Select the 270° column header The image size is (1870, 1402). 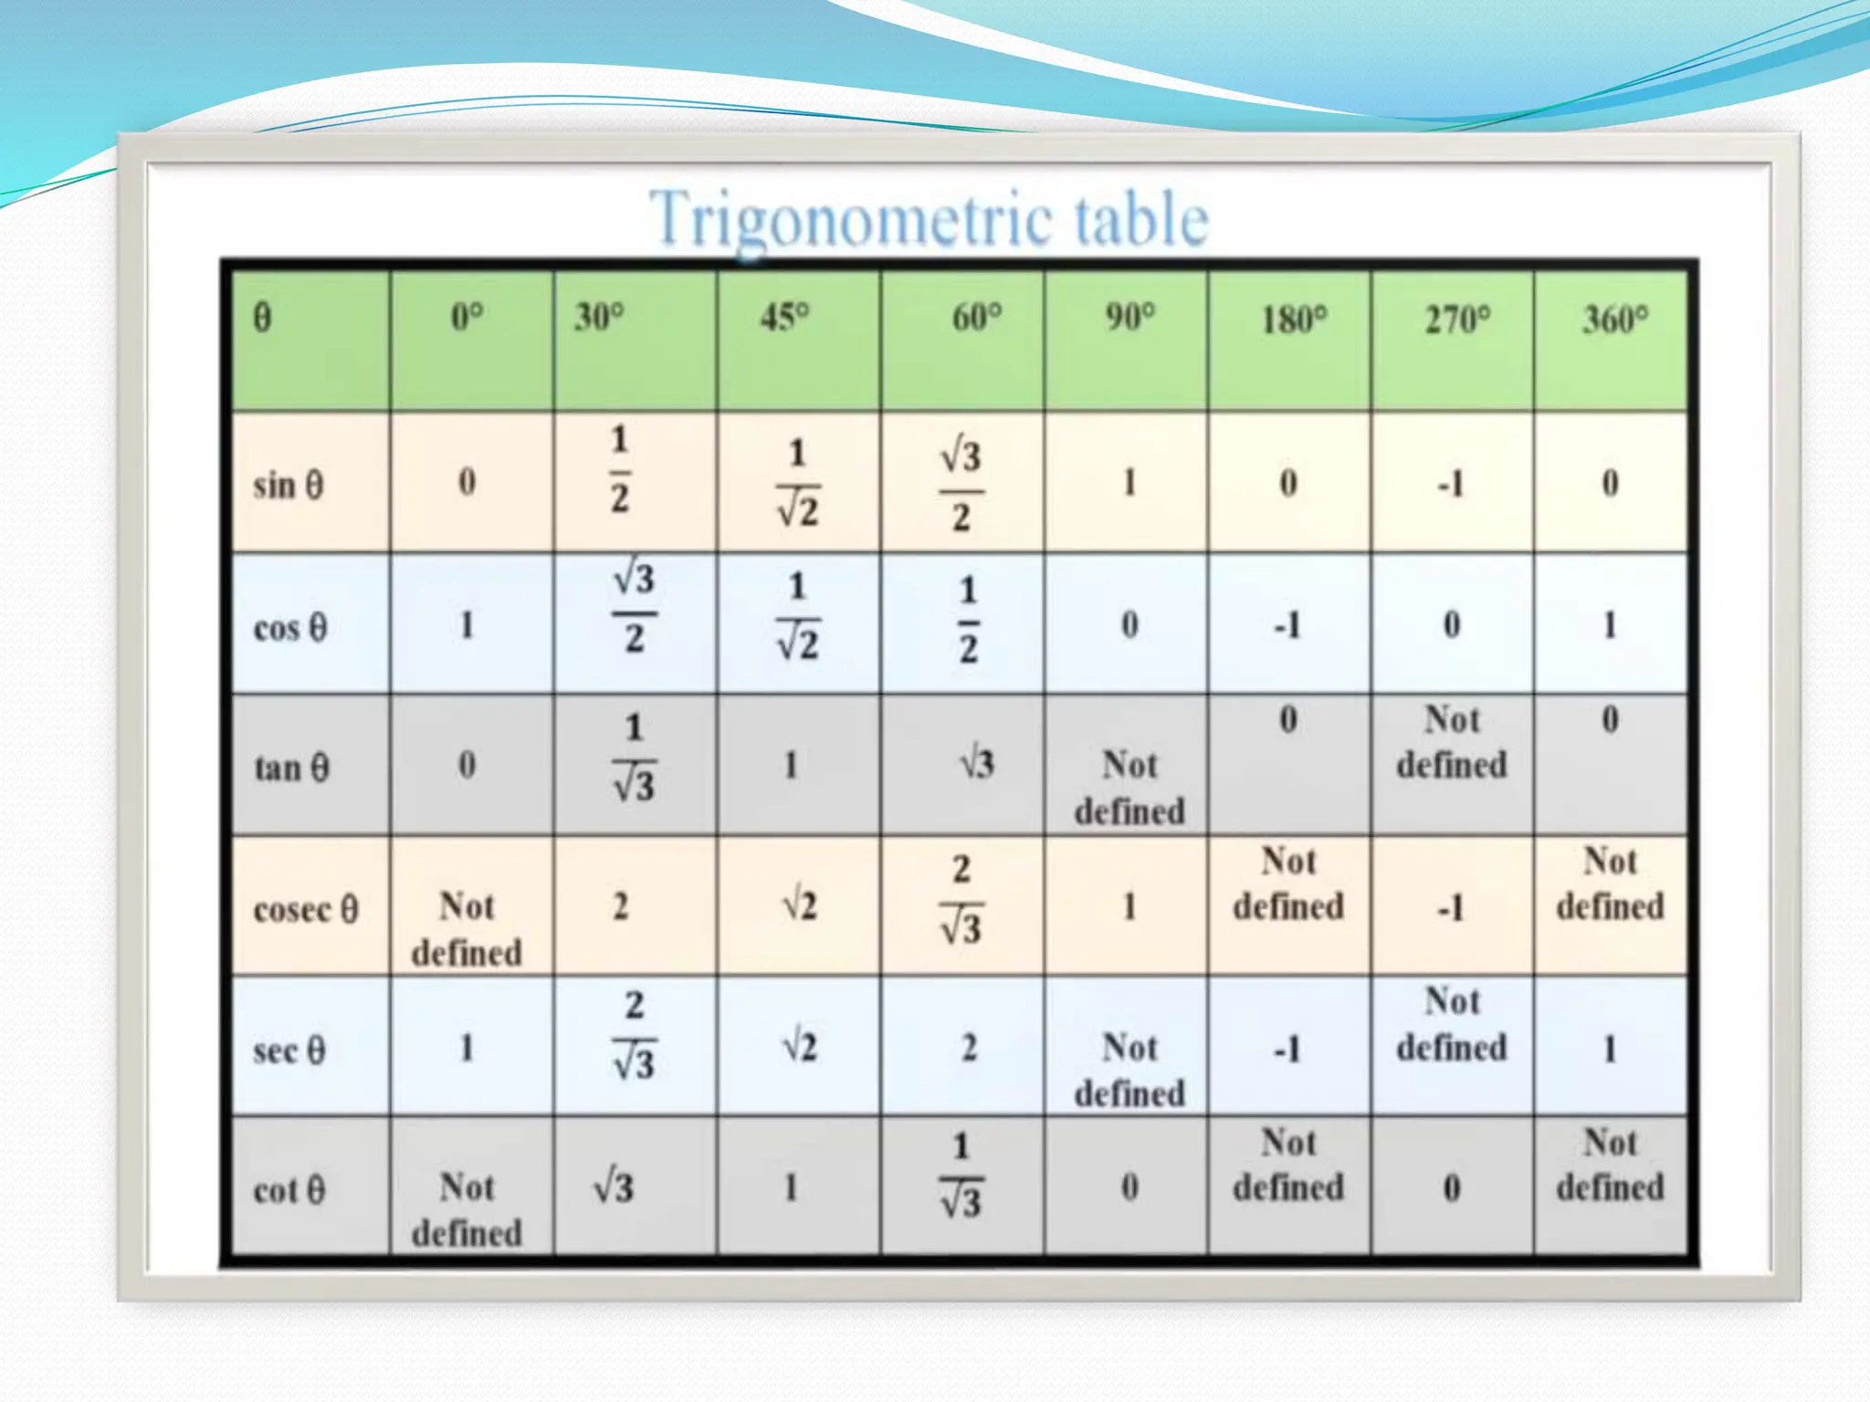(x=1457, y=319)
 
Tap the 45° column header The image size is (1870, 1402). (x=785, y=318)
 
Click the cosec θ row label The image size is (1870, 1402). (x=305, y=909)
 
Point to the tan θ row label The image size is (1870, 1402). (x=290, y=768)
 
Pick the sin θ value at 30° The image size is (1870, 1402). (x=620, y=469)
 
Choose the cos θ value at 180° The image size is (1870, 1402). (x=1287, y=626)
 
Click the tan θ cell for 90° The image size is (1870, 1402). (x=1129, y=788)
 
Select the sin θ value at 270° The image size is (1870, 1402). (x=1450, y=483)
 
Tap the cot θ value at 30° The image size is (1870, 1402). (x=614, y=1188)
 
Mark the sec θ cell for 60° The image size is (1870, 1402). (x=969, y=1047)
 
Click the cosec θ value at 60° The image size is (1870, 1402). (x=961, y=899)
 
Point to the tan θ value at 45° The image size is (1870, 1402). (x=791, y=765)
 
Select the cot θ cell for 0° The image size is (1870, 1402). (x=467, y=1209)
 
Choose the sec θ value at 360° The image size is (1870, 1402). (x=1610, y=1049)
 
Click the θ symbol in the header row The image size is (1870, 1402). (x=262, y=318)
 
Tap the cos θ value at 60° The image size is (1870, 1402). (x=968, y=620)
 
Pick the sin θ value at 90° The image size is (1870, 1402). (x=1129, y=482)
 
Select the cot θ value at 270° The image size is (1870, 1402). (x=1451, y=1188)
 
